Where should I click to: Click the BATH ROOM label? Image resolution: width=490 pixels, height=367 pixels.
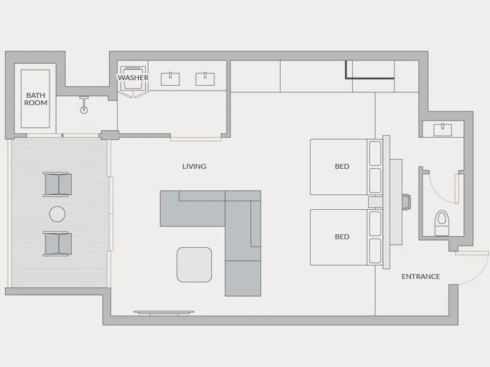coord(35,99)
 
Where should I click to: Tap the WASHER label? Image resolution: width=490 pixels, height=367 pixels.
coord(133,77)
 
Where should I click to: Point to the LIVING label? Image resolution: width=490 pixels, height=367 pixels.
coord(194,166)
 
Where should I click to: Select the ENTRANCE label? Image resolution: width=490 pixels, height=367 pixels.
coord(420,277)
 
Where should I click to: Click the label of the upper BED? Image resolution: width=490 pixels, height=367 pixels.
coord(342,166)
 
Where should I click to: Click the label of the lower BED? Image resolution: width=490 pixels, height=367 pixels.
coord(342,236)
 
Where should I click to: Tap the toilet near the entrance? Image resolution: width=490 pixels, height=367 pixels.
coord(441,223)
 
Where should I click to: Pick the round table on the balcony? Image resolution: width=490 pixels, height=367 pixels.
coord(57,214)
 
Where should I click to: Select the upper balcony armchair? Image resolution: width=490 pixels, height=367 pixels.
coord(57,184)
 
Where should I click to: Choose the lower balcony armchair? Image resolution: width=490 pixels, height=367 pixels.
coord(57,244)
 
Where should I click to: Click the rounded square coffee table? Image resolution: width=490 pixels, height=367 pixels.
coord(194,265)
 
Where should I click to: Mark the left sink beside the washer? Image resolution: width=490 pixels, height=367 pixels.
coord(170,79)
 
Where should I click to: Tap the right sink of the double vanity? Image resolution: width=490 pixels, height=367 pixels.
coord(205,79)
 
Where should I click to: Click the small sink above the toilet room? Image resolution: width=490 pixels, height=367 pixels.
coord(443,129)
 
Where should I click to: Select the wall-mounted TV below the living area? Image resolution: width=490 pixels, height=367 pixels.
coord(164,313)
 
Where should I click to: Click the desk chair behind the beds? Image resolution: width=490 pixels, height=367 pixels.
coord(406,202)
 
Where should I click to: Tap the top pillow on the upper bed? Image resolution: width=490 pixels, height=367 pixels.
coord(375,153)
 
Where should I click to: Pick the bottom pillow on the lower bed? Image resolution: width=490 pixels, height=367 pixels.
coord(375,251)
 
